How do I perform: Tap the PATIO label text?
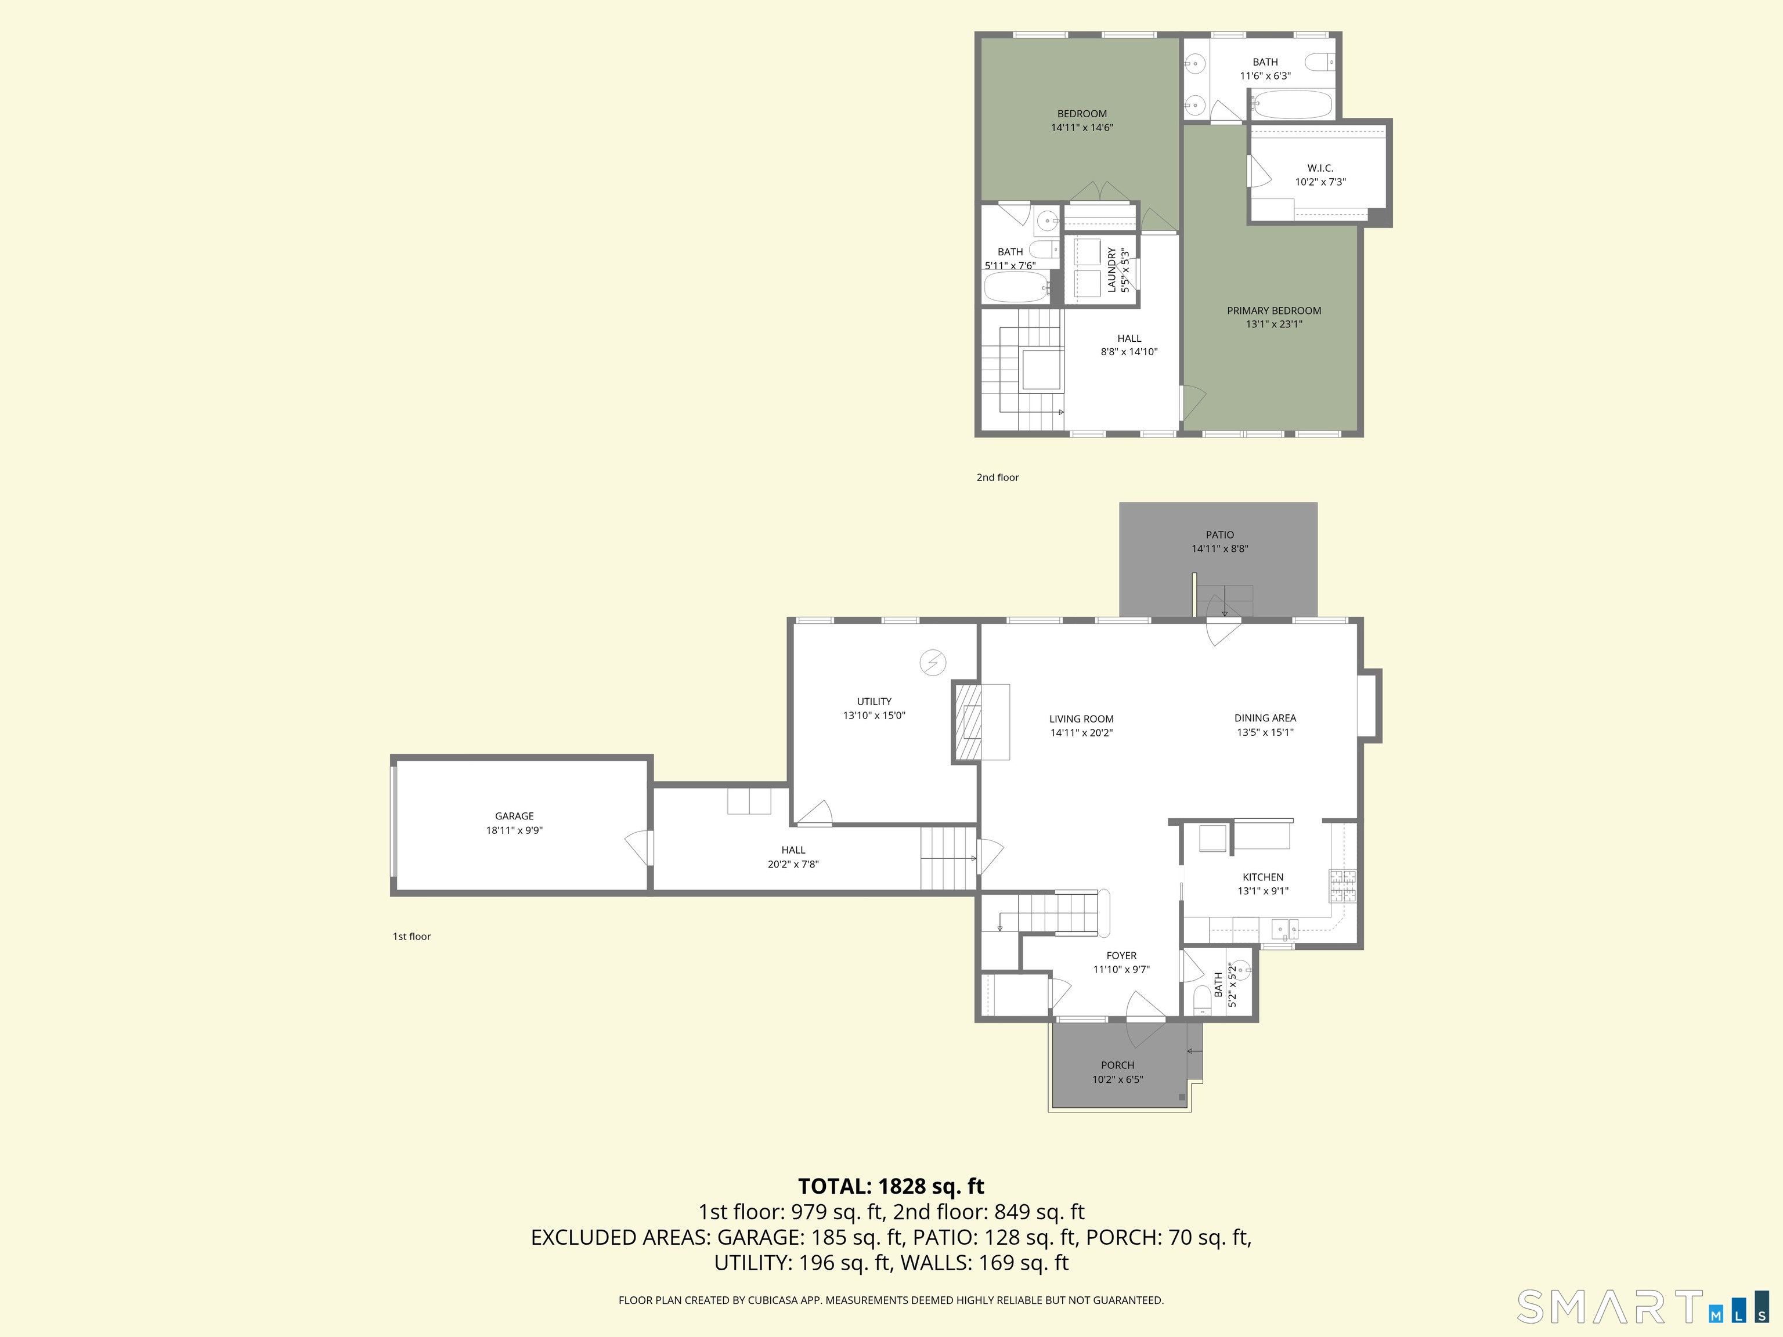click(x=1219, y=535)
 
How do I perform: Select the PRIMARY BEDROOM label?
click(x=1273, y=311)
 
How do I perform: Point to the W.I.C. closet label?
click(x=1320, y=168)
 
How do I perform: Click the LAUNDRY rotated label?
click(x=1111, y=269)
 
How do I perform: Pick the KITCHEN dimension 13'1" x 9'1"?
click(x=1263, y=891)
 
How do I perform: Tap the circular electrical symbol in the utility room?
click(x=933, y=663)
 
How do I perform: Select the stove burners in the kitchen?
click(x=1342, y=886)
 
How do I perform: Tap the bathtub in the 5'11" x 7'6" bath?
click(x=1016, y=287)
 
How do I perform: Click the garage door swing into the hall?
click(x=636, y=848)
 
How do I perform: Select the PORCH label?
click(x=1117, y=1065)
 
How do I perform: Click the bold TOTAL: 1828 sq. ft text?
click(x=891, y=1186)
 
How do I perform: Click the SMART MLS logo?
click(x=1642, y=1306)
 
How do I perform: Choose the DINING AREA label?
click(x=1265, y=718)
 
